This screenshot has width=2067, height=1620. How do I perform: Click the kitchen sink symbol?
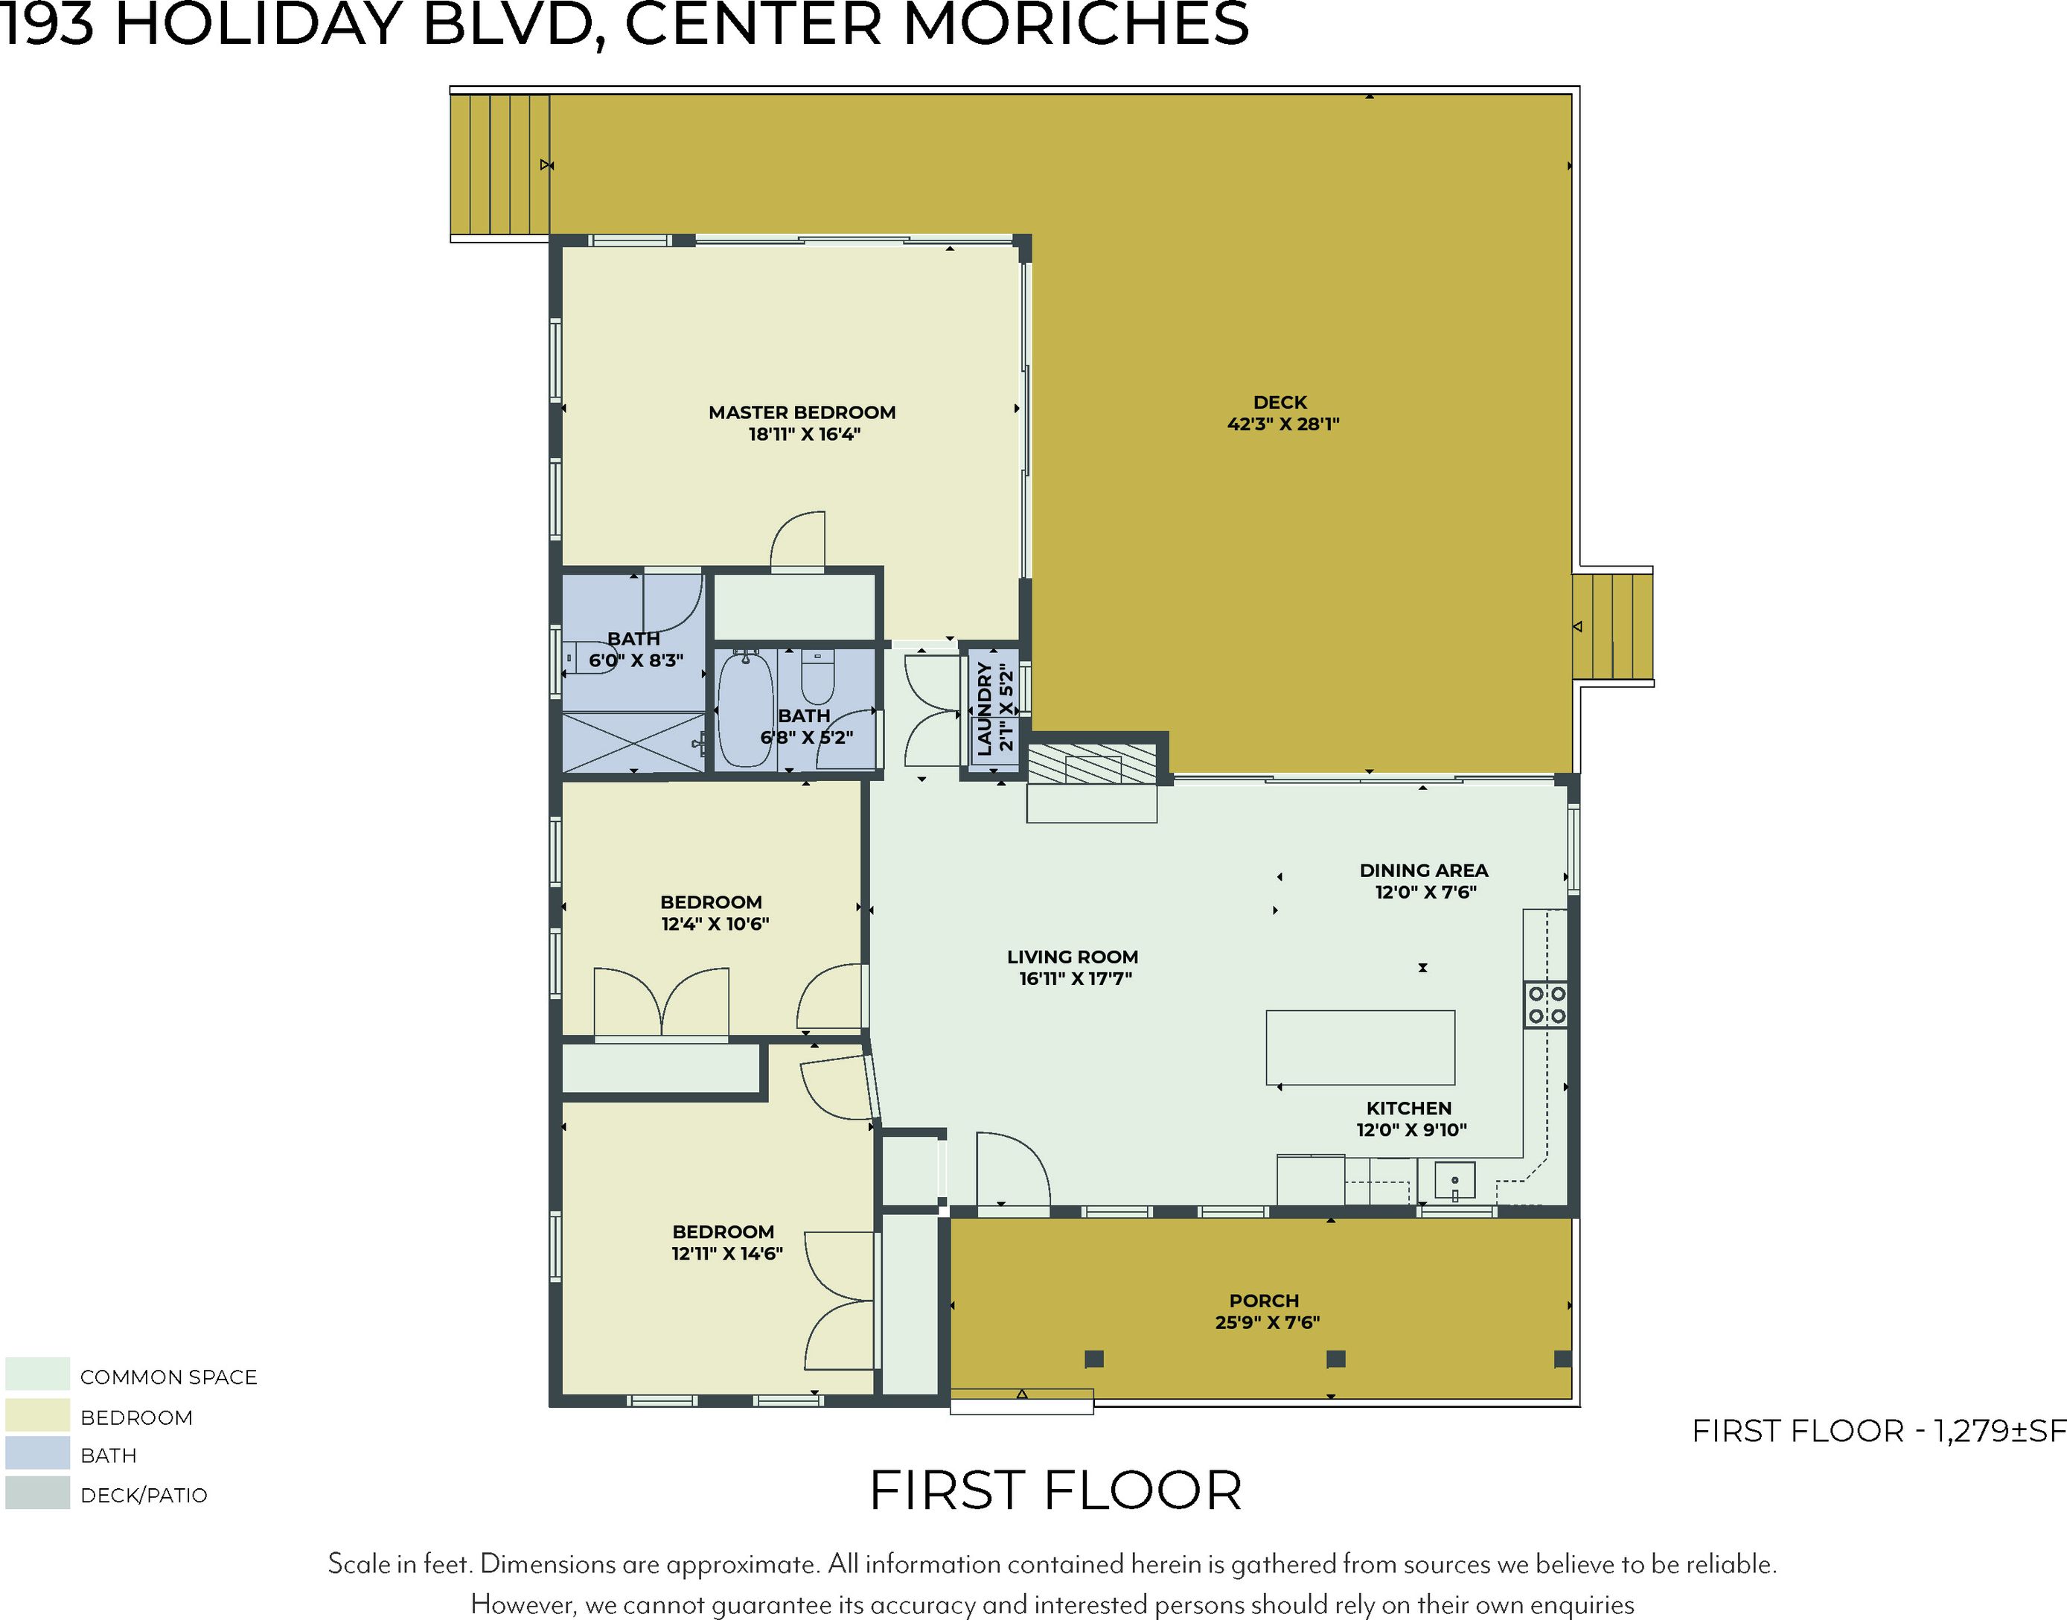pos(1454,1181)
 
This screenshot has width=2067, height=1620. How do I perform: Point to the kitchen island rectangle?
pos(1360,1047)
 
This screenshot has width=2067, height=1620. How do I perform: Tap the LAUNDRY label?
pos(984,709)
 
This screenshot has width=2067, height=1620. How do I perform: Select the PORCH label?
pos(1264,1301)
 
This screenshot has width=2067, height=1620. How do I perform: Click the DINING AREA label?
pos(1423,870)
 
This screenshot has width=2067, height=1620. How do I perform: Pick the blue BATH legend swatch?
pos(37,1453)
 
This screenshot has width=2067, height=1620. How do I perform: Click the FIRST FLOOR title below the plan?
pos(1055,1491)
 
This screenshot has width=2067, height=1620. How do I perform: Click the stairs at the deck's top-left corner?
pos(499,165)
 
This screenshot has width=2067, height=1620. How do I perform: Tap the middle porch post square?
pos(1335,1358)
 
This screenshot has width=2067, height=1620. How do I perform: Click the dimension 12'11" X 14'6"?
pos(727,1253)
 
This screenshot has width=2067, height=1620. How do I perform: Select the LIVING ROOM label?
pos(1073,957)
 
